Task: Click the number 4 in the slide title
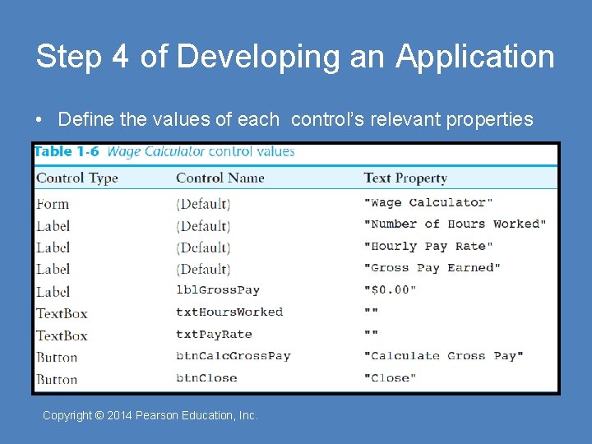point(120,58)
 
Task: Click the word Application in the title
point(475,58)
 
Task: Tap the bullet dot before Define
point(39,120)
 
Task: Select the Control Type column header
point(77,178)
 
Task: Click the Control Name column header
point(220,178)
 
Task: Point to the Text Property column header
point(405,178)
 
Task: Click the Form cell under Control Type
point(53,204)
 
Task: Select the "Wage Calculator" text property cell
point(428,202)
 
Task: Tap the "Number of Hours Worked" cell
point(455,224)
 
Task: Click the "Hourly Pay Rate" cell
point(428,246)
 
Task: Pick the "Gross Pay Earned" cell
point(432,267)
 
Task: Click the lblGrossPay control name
point(218,289)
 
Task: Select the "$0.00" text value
point(391,289)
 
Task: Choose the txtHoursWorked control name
point(229,312)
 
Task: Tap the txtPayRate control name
point(214,334)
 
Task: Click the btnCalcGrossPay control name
point(234,356)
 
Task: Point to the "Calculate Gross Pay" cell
point(444,356)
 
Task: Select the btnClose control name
point(206,378)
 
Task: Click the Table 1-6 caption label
point(66,151)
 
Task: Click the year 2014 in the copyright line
point(120,415)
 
